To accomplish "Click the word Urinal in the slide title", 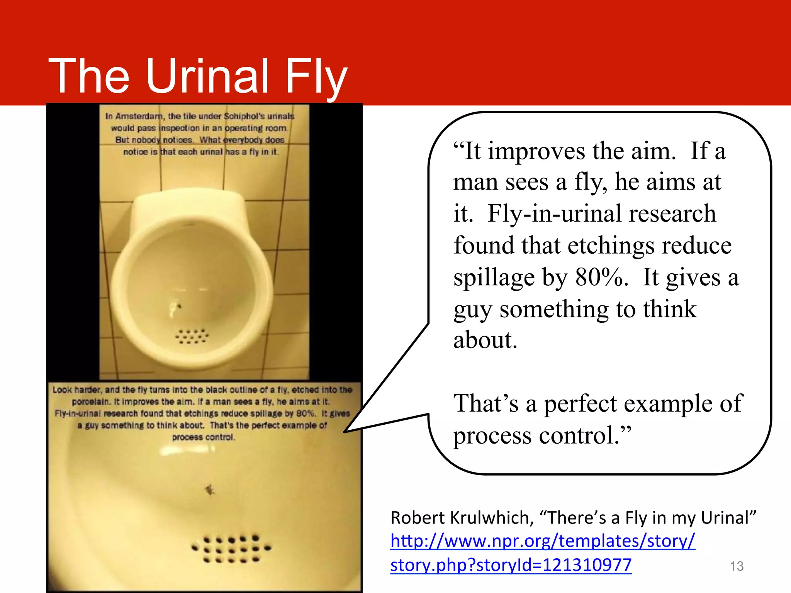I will pos(207,76).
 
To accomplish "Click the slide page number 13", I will pos(737,566).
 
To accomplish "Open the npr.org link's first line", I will pos(543,541).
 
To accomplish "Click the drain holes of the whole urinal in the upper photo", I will pos(192,336).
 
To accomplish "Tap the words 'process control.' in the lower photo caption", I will pos(204,437).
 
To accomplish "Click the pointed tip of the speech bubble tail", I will pos(345,431).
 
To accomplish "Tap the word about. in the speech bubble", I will pos(485,340).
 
